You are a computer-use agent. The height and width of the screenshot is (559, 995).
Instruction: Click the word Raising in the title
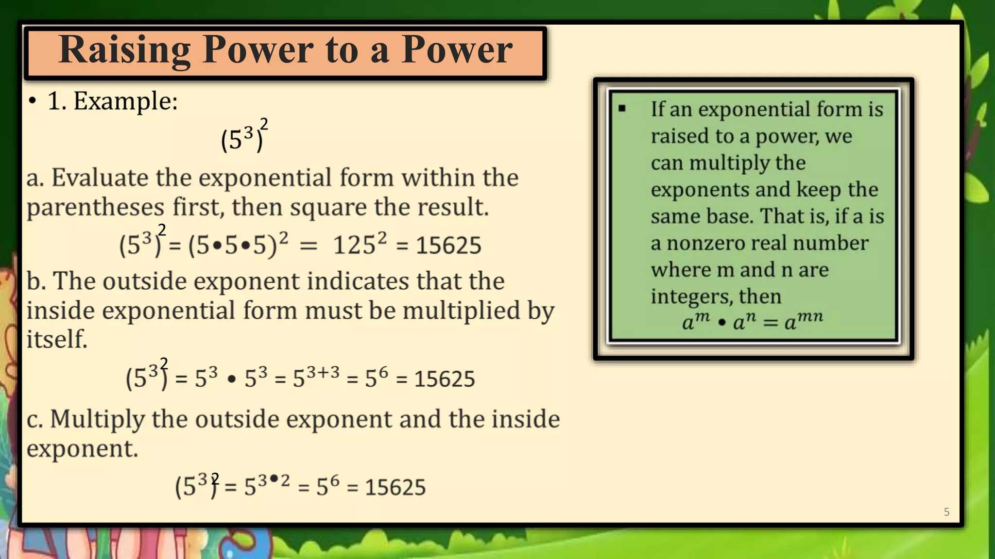124,50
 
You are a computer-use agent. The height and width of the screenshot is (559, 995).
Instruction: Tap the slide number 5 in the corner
946,512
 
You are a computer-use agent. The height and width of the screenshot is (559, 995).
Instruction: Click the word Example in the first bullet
125,101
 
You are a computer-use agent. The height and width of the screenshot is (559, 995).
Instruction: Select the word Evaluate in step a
100,178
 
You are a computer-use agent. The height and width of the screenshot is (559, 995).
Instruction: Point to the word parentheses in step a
95,207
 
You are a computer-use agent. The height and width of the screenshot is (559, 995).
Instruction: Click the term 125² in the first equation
360,244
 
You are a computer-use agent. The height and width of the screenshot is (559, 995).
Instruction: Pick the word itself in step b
57,339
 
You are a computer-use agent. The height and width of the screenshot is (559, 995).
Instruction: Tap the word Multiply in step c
97,419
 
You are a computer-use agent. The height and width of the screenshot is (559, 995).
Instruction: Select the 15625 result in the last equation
395,487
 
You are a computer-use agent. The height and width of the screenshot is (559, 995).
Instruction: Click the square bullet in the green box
622,109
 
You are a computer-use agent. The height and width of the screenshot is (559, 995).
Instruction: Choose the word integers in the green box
691,296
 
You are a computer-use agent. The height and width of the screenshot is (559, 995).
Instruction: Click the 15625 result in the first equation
448,245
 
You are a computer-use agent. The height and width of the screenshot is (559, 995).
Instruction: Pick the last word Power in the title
457,50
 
